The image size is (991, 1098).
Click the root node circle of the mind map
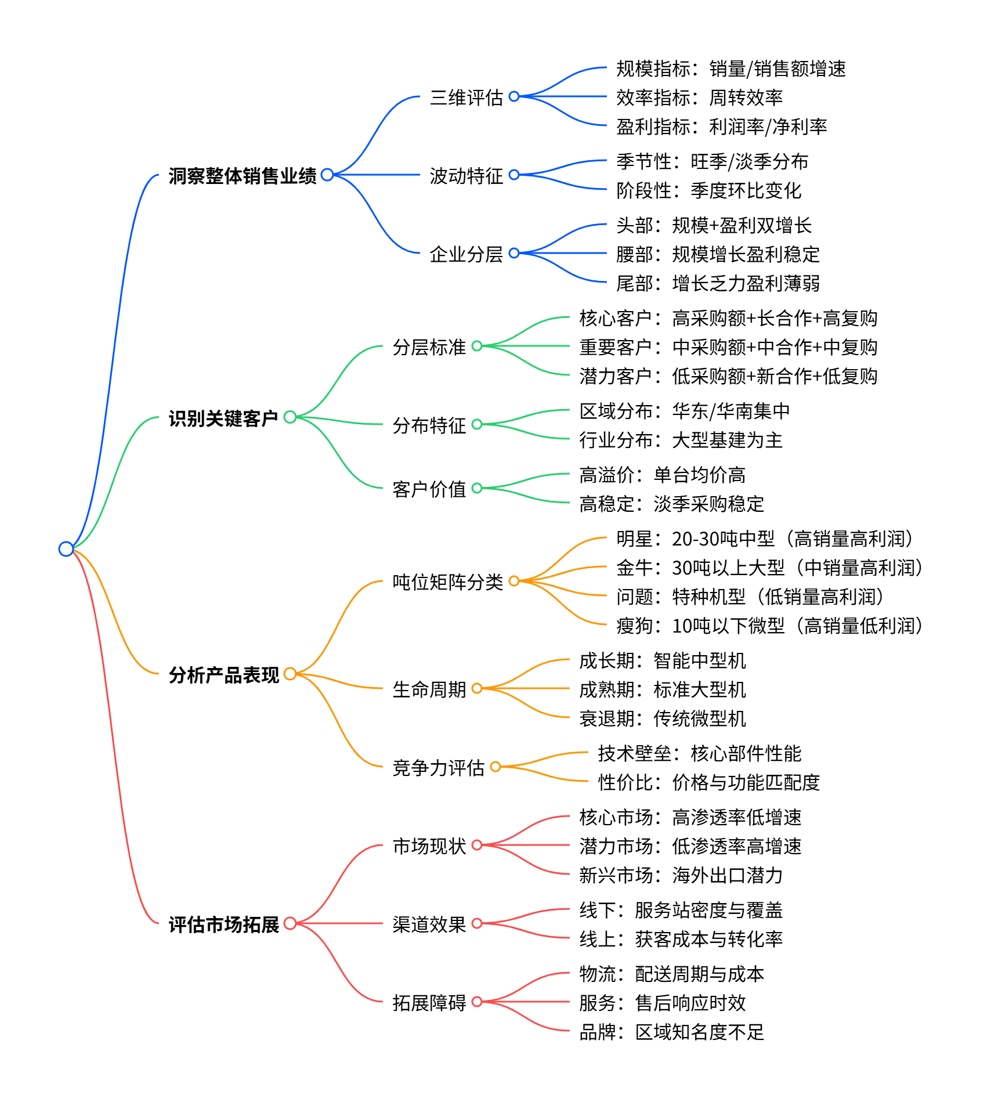click(66, 548)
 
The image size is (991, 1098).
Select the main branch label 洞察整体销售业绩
click(243, 175)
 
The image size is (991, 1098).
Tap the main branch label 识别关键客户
click(223, 418)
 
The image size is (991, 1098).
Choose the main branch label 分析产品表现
click(224, 674)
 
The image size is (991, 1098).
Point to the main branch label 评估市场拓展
click(224, 924)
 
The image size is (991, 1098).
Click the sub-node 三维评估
click(466, 97)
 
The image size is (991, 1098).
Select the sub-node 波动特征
click(466, 175)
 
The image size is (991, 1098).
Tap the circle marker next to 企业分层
click(514, 253)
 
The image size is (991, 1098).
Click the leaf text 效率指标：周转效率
click(699, 97)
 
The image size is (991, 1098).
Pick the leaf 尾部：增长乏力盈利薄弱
click(718, 283)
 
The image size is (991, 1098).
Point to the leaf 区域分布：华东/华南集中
click(685, 411)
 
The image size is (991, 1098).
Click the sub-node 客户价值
click(429, 489)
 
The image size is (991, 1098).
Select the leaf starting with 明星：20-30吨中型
click(766, 539)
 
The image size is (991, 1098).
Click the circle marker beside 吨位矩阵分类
click(514, 581)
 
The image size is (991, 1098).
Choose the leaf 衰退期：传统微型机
click(663, 718)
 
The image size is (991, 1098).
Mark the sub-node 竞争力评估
click(438, 767)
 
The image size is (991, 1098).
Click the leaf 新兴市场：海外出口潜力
click(681, 875)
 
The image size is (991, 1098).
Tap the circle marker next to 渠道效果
click(477, 923)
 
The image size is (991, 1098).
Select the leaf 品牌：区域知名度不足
click(672, 1032)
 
